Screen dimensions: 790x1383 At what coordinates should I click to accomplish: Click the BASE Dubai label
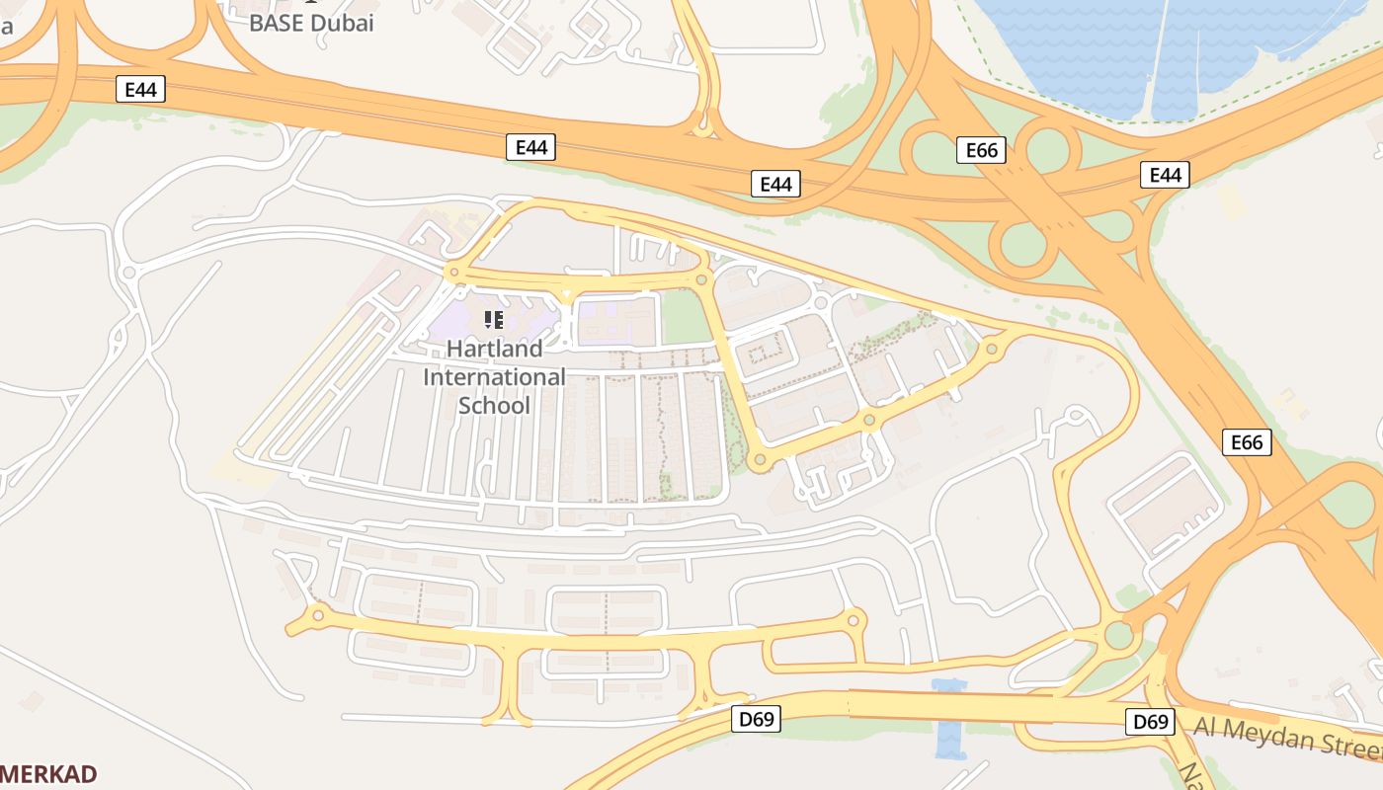point(311,23)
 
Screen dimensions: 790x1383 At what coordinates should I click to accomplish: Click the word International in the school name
point(494,377)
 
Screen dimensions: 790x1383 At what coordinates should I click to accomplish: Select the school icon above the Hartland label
point(494,319)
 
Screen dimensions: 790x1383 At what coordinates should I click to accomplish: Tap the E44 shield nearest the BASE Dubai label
point(140,90)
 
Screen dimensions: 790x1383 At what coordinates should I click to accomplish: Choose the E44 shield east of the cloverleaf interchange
point(1166,176)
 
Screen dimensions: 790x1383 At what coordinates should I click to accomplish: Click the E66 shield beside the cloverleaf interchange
point(981,150)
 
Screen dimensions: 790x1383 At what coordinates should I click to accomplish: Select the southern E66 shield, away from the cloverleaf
point(1247,442)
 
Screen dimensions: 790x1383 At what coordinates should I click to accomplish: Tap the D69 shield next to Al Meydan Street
point(1151,722)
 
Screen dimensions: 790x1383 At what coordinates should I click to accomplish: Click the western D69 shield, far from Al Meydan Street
point(757,719)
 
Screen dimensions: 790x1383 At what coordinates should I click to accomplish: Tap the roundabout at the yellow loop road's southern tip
point(759,459)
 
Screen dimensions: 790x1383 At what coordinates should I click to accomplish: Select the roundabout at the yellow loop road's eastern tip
point(992,349)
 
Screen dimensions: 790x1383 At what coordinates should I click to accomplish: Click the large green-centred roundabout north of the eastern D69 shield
point(1118,634)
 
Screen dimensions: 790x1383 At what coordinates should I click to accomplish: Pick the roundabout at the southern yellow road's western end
point(317,615)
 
